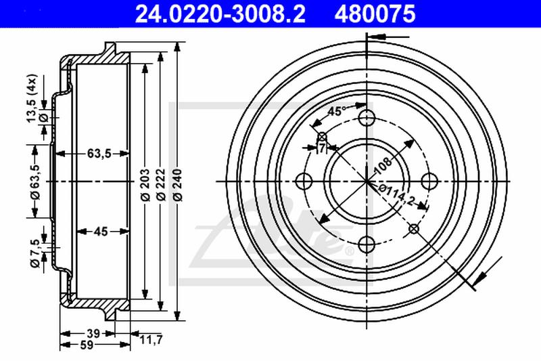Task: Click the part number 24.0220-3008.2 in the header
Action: click(x=220, y=14)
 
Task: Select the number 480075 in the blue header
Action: click(x=375, y=14)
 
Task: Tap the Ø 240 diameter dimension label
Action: click(x=178, y=184)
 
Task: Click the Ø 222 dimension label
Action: click(x=161, y=184)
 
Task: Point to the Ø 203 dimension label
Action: click(x=145, y=184)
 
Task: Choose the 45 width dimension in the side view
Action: click(x=101, y=232)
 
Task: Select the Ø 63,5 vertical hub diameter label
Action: click(x=35, y=182)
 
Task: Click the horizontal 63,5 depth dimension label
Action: click(x=99, y=153)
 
